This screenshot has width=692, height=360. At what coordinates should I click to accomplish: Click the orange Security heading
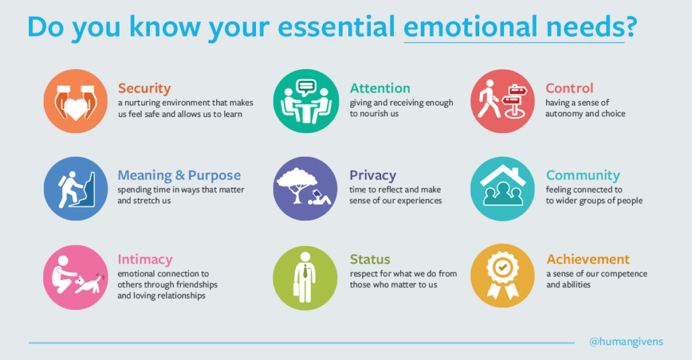(x=144, y=88)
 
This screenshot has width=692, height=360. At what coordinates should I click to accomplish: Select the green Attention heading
(x=380, y=88)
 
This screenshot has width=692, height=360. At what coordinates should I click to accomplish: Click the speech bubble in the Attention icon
(x=306, y=87)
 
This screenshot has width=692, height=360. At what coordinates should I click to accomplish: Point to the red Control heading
(x=569, y=88)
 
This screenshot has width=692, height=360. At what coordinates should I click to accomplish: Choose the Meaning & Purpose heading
(x=179, y=176)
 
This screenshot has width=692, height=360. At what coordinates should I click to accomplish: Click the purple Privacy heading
(x=372, y=176)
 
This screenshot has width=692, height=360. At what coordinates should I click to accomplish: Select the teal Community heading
(x=583, y=176)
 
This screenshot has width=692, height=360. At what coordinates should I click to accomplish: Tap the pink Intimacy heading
(x=145, y=260)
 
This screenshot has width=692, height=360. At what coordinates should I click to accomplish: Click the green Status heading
(x=370, y=260)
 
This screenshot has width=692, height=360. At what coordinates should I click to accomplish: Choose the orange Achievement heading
(x=587, y=260)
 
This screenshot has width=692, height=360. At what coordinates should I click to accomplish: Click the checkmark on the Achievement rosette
(x=502, y=267)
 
